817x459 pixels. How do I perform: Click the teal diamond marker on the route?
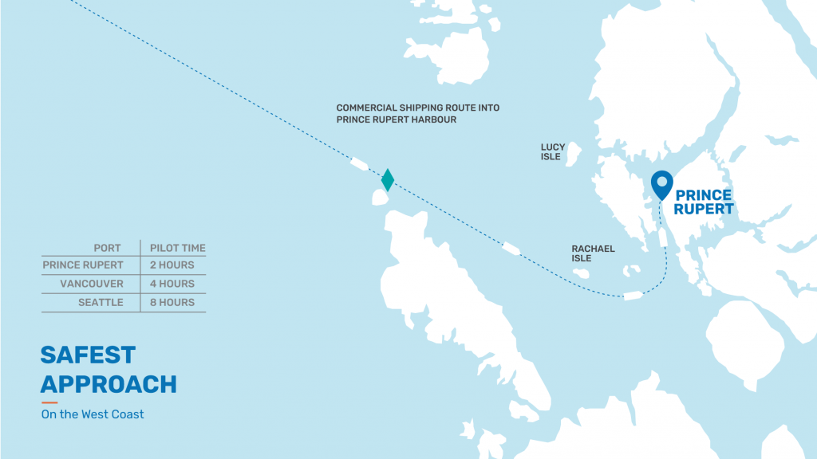[388, 180]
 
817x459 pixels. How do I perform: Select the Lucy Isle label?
[553, 151]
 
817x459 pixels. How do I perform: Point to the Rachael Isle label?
[593, 253]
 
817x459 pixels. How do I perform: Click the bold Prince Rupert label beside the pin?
[704, 202]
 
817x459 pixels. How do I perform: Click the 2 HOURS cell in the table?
[172, 265]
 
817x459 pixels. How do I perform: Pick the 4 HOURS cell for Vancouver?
[172, 284]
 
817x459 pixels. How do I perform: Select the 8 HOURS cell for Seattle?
[172, 303]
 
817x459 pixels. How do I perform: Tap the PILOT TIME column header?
[177, 248]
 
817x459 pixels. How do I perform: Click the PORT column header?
[107, 248]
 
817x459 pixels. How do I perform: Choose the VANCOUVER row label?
[92, 284]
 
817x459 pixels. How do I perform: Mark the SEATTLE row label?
[101, 303]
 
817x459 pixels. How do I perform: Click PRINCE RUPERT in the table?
[83, 265]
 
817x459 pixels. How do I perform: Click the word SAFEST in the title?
[88, 355]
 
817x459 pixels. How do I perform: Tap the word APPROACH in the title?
[109, 384]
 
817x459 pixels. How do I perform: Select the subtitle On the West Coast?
[93, 414]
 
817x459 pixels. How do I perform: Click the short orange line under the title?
[49, 402]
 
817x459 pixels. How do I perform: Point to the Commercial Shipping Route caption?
[418, 113]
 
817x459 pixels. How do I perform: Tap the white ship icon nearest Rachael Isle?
[633, 296]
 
